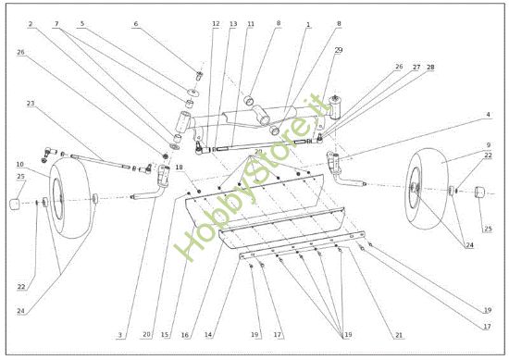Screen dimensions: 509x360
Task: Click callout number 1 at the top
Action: click(307, 24)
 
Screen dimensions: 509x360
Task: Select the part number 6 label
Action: click(136, 24)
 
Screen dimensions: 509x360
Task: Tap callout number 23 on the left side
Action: click(31, 104)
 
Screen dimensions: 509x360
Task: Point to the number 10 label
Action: click(19, 165)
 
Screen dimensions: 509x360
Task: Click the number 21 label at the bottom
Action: click(398, 333)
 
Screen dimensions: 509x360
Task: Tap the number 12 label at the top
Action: click(216, 24)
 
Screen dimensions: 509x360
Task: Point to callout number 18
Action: click(180, 168)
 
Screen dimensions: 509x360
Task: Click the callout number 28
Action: click(430, 67)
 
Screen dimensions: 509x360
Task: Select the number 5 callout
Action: click(82, 24)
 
